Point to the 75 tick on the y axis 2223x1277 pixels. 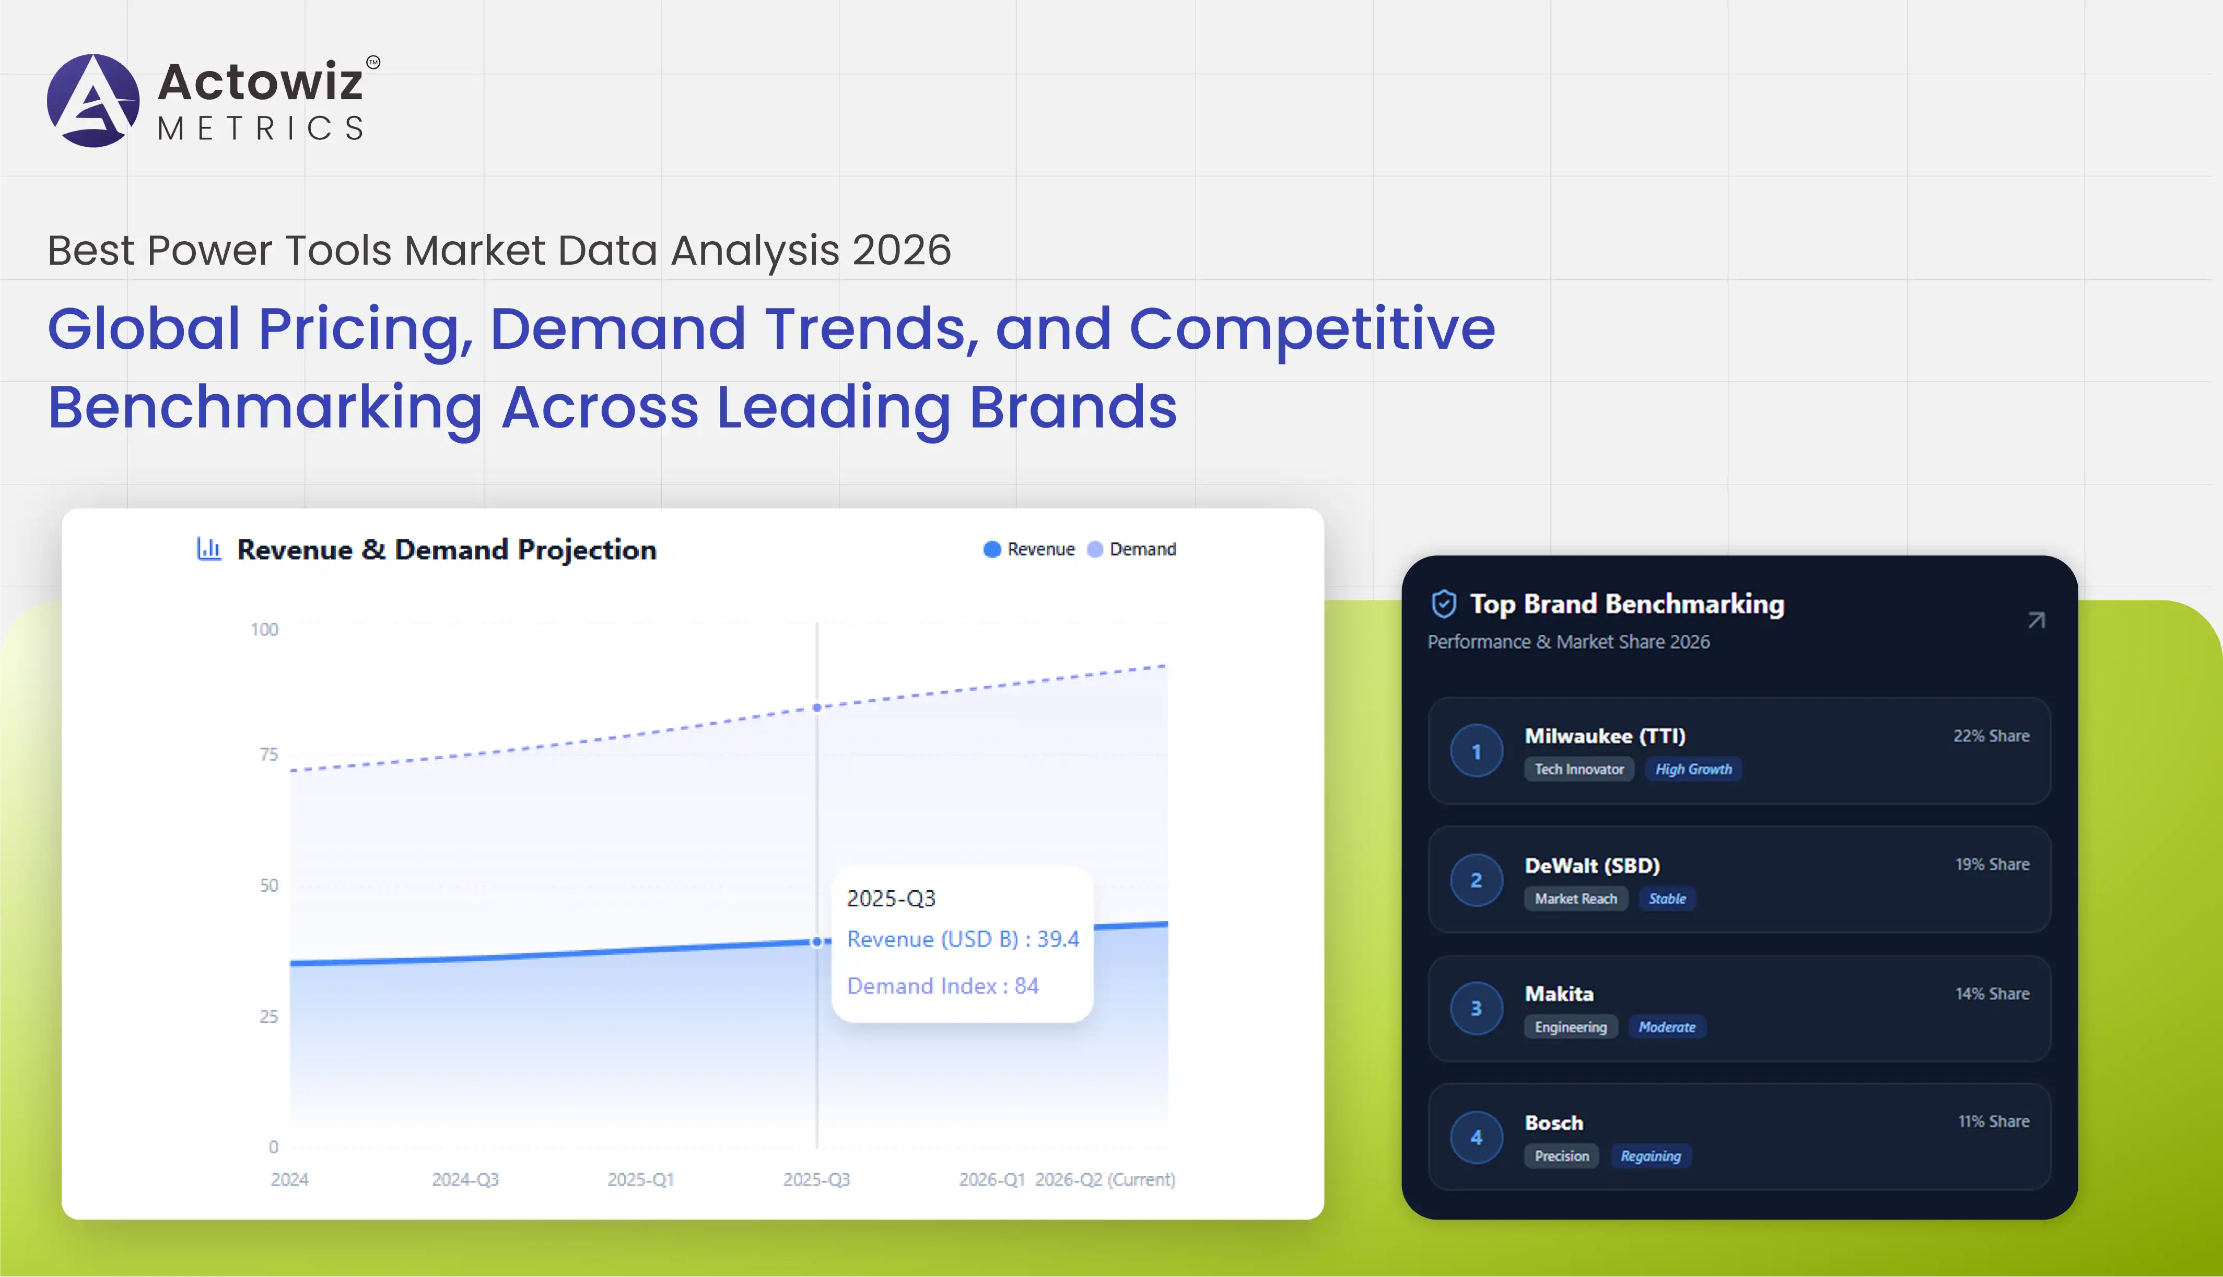click(x=268, y=754)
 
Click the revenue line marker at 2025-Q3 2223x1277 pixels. click(x=817, y=942)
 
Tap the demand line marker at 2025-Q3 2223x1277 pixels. click(x=817, y=707)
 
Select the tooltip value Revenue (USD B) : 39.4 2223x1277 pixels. click(x=962, y=939)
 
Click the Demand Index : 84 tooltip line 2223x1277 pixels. click(x=942, y=986)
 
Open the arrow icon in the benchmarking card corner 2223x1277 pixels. click(x=2036, y=621)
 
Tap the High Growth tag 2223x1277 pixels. click(x=1693, y=769)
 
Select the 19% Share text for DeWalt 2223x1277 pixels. click(x=1992, y=864)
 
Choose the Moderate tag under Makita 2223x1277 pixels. click(x=1667, y=1027)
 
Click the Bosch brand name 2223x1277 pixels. click(x=1553, y=1122)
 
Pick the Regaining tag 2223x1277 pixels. click(x=1650, y=1156)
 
